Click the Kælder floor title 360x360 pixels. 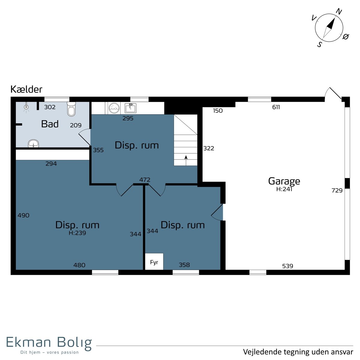26,89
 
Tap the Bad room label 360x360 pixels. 50,124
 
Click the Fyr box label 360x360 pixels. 154,262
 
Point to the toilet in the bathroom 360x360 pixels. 71,109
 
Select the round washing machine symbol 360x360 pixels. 114,108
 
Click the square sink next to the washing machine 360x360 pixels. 130,108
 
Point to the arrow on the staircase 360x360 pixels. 186,160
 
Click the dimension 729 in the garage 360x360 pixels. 337,190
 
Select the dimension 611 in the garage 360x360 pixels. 276,107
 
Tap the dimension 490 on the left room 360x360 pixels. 23,215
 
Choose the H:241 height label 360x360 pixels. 284,189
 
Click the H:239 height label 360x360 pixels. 77,233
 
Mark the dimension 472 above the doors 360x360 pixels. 145,180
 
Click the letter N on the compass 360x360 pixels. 339,12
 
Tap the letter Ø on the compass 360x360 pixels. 346,37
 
